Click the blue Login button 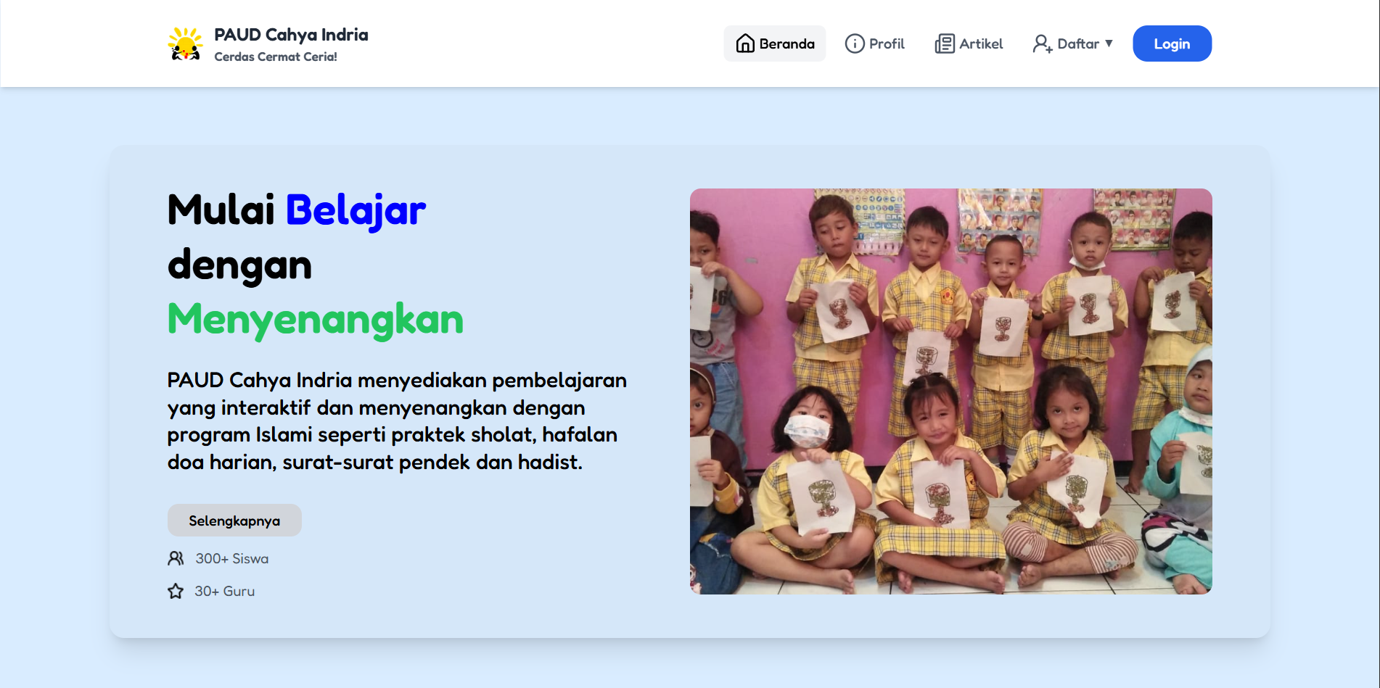[x=1172, y=43]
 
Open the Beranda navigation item [x=774, y=43]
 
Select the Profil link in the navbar [x=875, y=43]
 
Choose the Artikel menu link [x=969, y=43]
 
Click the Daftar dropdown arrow [x=1109, y=43]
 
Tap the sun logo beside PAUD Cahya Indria [x=185, y=43]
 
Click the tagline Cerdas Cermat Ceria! [x=276, y=57]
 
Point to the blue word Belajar [x=356, y=211]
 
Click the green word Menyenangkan [x=316, y=320]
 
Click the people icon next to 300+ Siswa [x=176, y=558]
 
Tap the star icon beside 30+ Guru [x=176, y=591]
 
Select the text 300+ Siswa [x=232, y=559]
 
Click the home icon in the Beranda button [x=745, y=43]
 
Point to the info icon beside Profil [x=855, y=43]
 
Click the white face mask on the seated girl [x=808, y=431]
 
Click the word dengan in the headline [x=239, y=265]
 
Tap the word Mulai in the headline [x=221, y=210]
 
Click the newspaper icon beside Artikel [x=945, y=43]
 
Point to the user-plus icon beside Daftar [x=1043, y=43]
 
